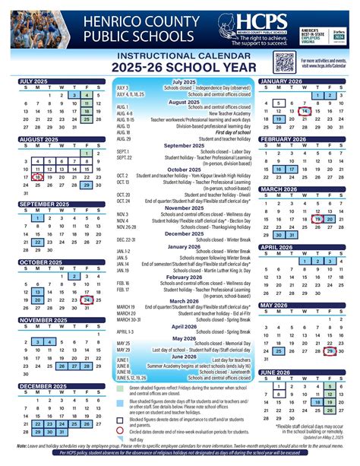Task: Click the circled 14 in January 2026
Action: (x=305, y=109)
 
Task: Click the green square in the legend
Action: (x=122, y=388)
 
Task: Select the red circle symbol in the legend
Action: (x=122, y=431)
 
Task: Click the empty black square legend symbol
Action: (x=122, y=420)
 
